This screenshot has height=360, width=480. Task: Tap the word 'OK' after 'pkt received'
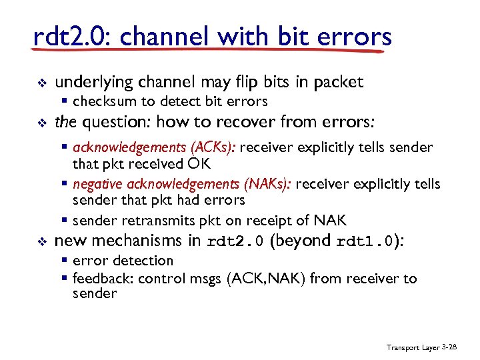(199, 163)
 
